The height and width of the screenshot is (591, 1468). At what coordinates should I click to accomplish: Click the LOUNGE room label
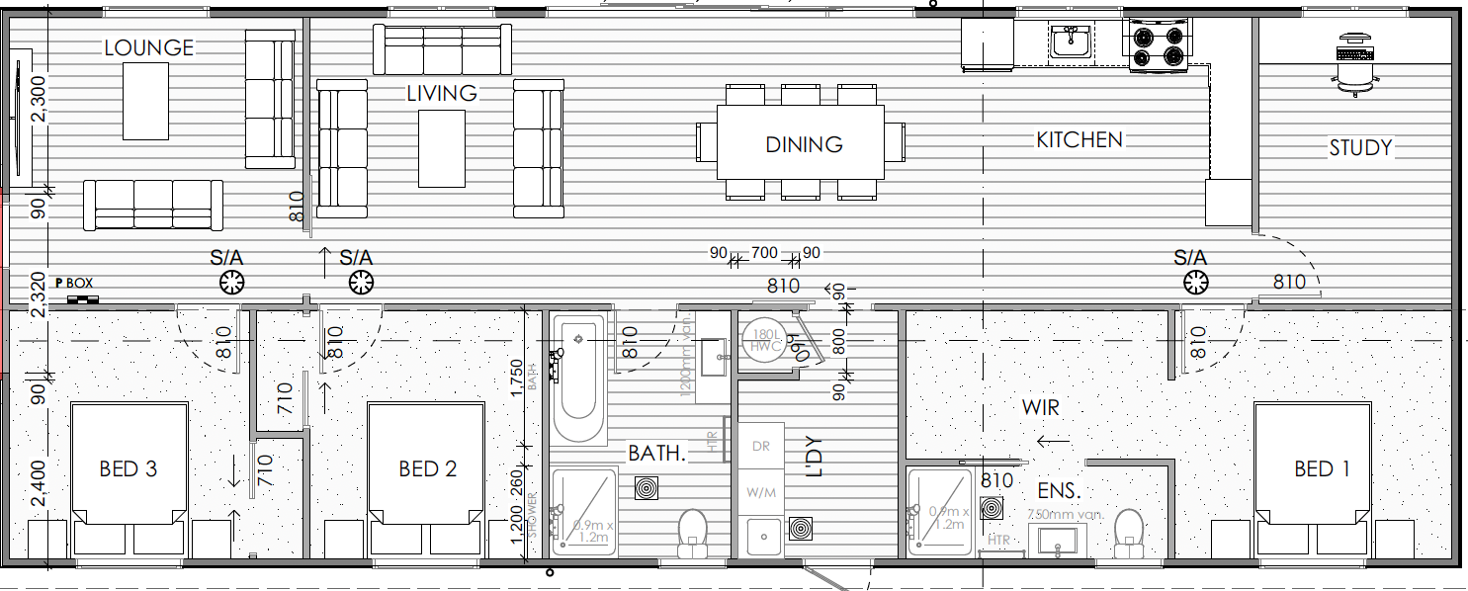pyautogui.click(x=149, y=47)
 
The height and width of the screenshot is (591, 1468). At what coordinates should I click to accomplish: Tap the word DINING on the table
pyautogui.click(x=804, y=144)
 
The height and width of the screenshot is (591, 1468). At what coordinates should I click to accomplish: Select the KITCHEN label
pyautogui.click(x=1079, y=140)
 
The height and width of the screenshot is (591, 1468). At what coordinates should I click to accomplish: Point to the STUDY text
pyautogui.click(x=1360, y=148)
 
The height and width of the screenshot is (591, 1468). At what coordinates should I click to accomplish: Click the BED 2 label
pyautogui.click(x=428, y=468)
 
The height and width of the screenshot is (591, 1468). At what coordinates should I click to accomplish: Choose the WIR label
pyautogui.click(x=1041, y=407)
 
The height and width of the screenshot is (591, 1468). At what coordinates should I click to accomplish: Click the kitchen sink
pyautogui.click(x=1070, y=42)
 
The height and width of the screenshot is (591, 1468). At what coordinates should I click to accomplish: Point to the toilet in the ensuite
pyautogui.click(x=1128, y=530)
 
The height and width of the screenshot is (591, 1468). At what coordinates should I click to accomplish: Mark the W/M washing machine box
pyautogui.click(x=760, y=491)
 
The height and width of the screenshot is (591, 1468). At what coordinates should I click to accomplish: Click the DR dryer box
pyautogui.click(x=760, y=446)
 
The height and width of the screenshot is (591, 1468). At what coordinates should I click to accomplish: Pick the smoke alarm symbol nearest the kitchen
pyautogui.click(x=1195, y=284)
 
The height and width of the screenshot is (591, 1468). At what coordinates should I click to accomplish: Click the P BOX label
pyautogui.click(x=74, y=284)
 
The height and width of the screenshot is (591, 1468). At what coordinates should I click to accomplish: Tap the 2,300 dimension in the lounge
pyautogui.click(x=39, y=100)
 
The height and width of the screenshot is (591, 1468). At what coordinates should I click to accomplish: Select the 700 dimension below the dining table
pyautogui.click(x=764, y=253)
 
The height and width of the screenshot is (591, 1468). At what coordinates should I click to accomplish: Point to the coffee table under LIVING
pyautogui.click(x=441, y=148)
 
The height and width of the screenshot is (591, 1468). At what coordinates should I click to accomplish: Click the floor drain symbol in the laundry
pyautogui.click(x=799, y=530)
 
